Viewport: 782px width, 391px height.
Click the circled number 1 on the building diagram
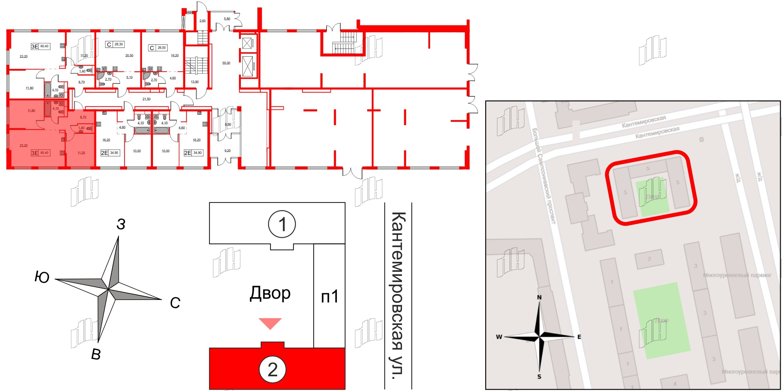(282, 224)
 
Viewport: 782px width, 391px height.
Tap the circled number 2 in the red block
(272, 370)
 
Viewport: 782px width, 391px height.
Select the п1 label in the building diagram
(330, 296)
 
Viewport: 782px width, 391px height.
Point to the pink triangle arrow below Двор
(270, 323)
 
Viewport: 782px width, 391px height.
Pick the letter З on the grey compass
(121, 224)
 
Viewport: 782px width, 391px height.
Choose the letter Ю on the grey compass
(42, 277)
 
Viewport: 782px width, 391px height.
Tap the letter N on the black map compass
(539, 297)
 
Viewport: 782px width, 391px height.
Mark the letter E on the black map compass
(579, 337)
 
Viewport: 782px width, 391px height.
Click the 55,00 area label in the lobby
(226, 63)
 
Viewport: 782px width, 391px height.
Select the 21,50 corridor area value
(146, 99)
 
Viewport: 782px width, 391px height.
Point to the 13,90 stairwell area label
(195, 82)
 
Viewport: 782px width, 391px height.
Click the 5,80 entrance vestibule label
(227, 19)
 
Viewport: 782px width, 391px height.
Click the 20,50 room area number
(129, 56)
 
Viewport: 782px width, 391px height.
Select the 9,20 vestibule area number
(227, 151)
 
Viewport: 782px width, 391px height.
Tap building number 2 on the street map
(649, 259)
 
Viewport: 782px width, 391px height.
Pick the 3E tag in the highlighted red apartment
(35, 153)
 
